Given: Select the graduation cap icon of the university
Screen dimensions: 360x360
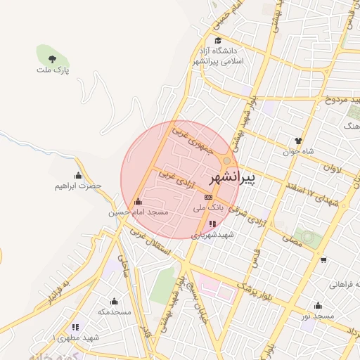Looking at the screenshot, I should [x=218, y=40].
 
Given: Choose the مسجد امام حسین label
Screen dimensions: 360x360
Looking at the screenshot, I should [x=139, y=212].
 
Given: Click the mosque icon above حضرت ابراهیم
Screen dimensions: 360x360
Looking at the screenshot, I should [x=78, y=175].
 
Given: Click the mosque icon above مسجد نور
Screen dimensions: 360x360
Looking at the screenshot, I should [x=318, y=305].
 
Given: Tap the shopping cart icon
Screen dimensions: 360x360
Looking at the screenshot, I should [x=323, y=260].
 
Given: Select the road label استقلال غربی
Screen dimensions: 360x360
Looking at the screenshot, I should [x=157, y=250].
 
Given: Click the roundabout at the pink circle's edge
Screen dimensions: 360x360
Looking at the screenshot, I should [x=227, y=160].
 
